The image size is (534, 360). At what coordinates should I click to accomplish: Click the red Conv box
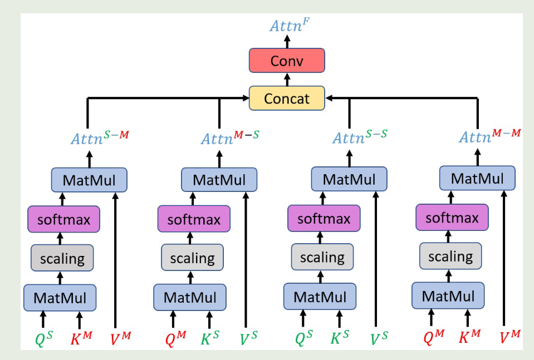(x=287, y=61)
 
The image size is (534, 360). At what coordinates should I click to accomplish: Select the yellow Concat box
(x=287, y=98)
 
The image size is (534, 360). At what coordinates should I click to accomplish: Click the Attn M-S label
(x=230, y=137)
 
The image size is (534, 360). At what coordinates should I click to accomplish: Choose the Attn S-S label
(x=360, y=137)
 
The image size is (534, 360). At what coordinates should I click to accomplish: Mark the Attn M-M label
(x=490, y=136)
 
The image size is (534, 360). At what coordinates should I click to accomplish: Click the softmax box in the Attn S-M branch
(x=63, y=219)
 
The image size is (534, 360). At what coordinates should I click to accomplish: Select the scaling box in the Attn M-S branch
(x=192, y=258)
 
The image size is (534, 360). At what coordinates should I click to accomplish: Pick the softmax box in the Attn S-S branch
(x=324, y=219)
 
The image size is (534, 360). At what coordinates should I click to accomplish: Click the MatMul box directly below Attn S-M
(x=90, y=180)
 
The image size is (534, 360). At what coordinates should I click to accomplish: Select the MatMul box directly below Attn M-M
(x=477, y=179)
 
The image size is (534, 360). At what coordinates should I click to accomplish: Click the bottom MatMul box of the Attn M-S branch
(x=190, y=297)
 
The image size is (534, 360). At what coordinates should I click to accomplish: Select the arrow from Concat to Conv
(x=287, y=80)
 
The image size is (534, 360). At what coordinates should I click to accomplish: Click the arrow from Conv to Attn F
(x=287, y=41)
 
